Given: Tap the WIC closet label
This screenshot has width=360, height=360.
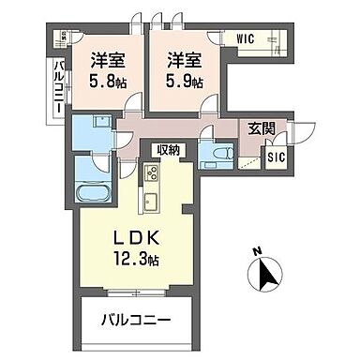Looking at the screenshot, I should (x=246, y=40).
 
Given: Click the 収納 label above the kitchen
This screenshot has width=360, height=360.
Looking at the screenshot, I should (x=169, y=150).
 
